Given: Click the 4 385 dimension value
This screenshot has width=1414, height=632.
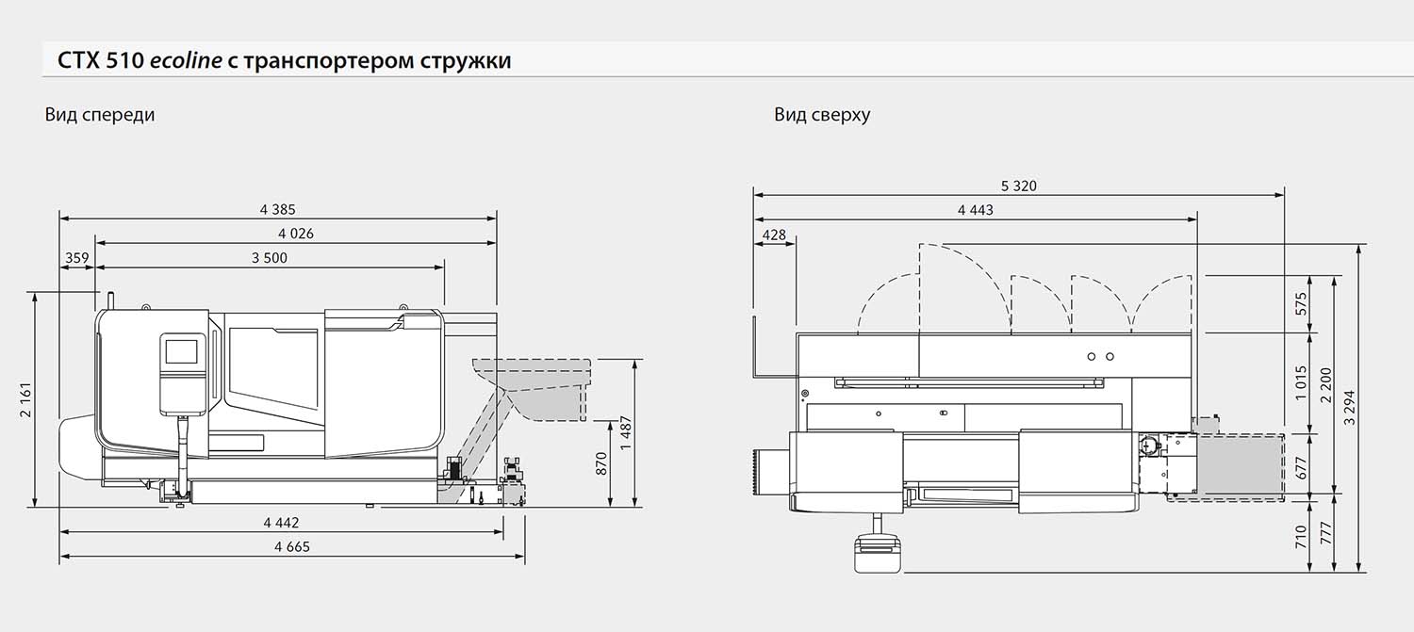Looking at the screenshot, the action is (x=278, y=209).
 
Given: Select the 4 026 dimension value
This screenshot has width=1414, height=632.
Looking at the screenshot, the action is (x=296, y=234).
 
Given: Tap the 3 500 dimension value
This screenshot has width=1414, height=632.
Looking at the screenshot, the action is (x=270, y=258).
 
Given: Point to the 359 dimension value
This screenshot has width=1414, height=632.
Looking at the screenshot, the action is (x=77, y=258).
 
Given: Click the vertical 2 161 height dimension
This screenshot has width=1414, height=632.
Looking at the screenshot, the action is (x=25, y=400).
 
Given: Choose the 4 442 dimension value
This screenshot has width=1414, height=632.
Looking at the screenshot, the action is (x=282, y=523).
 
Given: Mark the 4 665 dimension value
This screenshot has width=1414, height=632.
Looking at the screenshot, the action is (x=292, y=547).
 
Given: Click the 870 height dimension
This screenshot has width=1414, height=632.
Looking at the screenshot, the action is (x=601, y=463).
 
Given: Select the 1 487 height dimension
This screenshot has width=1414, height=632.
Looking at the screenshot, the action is (x=626, y=432).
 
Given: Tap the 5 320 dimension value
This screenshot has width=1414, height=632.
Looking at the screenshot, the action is (x=1019, y=186).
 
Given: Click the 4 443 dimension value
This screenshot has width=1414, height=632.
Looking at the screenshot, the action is (x=976, y=210).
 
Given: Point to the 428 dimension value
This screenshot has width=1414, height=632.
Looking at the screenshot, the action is (x=774, y=235).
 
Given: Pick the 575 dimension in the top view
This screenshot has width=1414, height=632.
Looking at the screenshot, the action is (x=1300, y=304).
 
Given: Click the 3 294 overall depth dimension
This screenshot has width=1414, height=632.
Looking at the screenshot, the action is (x=1350, y=408).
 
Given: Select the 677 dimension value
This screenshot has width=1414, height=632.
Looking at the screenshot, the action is (x=1300, y=468).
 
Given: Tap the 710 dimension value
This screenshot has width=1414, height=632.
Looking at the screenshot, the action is (x=1300, y=536).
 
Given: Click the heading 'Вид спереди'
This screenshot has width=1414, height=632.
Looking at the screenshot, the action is (x=100, y=115).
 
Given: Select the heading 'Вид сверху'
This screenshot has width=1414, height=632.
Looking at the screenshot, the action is (x=822, y=115).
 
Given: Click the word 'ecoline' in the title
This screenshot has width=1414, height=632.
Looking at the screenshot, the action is (x=187, y=60).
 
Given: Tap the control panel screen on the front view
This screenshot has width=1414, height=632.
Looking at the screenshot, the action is (x=182, y=351).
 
